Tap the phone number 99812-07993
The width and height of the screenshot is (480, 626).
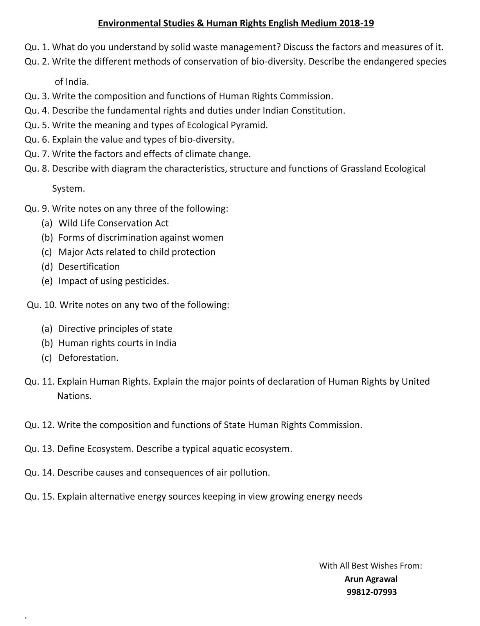pyautogui.click(x=371, y=592)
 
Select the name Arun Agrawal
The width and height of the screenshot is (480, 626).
pyautogui.click(x=371, y=579)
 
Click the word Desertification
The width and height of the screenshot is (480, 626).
pyautogui.click(x=89, y=267)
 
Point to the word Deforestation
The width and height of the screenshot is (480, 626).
pyautogui.click(x=88, y=358)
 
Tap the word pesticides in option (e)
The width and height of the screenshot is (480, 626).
pyautogui.click(x=146, y=281)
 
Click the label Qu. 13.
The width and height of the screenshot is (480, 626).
pyautogui.click(x=39, y=449)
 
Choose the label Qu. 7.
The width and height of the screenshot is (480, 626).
pyautogui.click(x=37, y=154)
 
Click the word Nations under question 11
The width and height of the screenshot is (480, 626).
pyautogui.click(x=74, y=396)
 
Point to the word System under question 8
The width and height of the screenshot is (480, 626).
pyautogui.click(x=68, y=189)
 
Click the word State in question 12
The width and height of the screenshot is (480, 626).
pyautogui.click(x=234, y=425)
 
